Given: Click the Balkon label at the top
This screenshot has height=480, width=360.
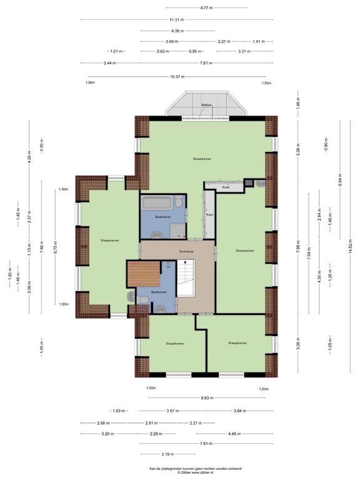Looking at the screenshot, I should [x=206, y=104].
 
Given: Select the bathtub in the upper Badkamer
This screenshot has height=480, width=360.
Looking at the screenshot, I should [x=156, y=202].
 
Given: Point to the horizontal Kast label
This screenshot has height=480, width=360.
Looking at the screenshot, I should [x=227, y=187].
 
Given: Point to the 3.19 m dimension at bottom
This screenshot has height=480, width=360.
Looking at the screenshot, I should [x=167, y=454].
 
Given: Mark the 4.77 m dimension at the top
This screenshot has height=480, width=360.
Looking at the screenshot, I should [x=206, y=7].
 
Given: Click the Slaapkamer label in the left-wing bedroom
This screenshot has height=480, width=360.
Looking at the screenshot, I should [x=109, y=240].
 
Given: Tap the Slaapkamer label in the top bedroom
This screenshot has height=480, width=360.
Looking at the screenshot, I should [x=202, y=159].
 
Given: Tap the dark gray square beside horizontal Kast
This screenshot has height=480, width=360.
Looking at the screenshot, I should [x=249, y=182].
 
